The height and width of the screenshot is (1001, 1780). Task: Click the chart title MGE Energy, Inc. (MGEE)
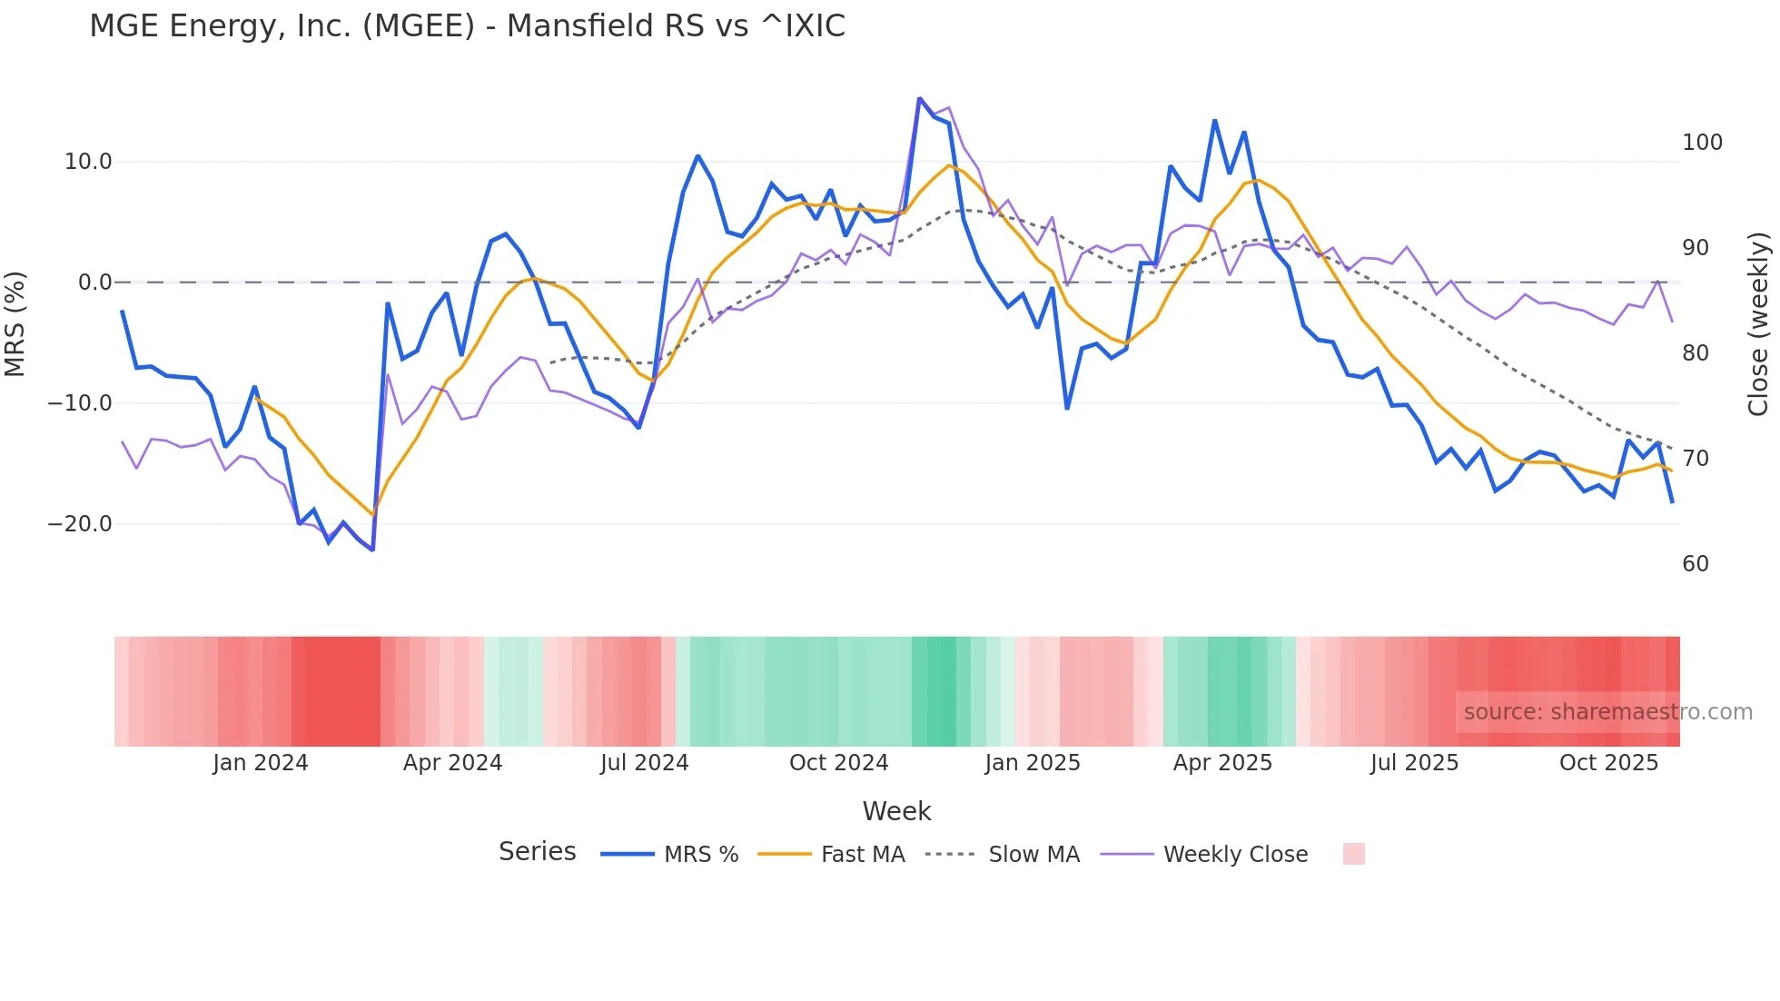[467, 26]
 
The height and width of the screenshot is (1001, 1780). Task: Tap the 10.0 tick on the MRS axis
[88, 162]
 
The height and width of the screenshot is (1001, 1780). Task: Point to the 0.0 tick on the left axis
[94, 282]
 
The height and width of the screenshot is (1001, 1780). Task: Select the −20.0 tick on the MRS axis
[80, 524]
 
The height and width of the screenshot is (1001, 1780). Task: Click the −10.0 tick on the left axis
[80, 403]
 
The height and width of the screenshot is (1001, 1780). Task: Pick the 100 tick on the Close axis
[1702, 143]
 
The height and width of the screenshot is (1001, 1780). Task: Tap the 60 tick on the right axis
[1696, 564]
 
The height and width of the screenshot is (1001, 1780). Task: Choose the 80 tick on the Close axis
[1696, 353]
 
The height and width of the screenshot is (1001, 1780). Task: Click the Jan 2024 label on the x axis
[261, 763]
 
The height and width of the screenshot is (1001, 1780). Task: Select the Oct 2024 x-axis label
[838, 763]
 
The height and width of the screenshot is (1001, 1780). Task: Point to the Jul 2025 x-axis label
[1414, 763]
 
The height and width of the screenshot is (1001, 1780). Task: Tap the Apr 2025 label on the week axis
[1222, 763]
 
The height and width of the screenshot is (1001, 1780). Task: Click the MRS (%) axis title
[15, 324]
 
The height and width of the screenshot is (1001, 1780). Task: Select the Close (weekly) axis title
[1758, 324]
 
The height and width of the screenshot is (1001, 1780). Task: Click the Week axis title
[896, 811]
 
